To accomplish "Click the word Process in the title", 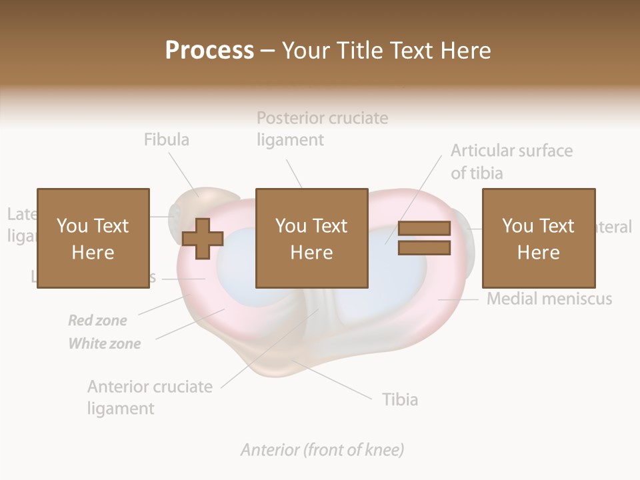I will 209,50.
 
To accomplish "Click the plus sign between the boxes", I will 203,238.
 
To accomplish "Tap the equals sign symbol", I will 424,238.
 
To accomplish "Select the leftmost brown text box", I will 93,238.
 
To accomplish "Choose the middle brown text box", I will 311,238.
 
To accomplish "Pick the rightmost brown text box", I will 538,238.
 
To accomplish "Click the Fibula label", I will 167,139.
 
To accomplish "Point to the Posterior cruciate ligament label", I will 322,129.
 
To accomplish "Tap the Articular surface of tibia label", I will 511,161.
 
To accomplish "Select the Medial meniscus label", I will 549,299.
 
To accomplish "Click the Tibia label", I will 400,399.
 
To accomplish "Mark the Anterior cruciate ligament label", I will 150,397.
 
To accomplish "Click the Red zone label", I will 97,321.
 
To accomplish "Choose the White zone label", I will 105,344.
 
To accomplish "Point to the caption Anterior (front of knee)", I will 322,450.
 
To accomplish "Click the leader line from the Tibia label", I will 333,380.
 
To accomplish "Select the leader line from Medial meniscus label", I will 460,299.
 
